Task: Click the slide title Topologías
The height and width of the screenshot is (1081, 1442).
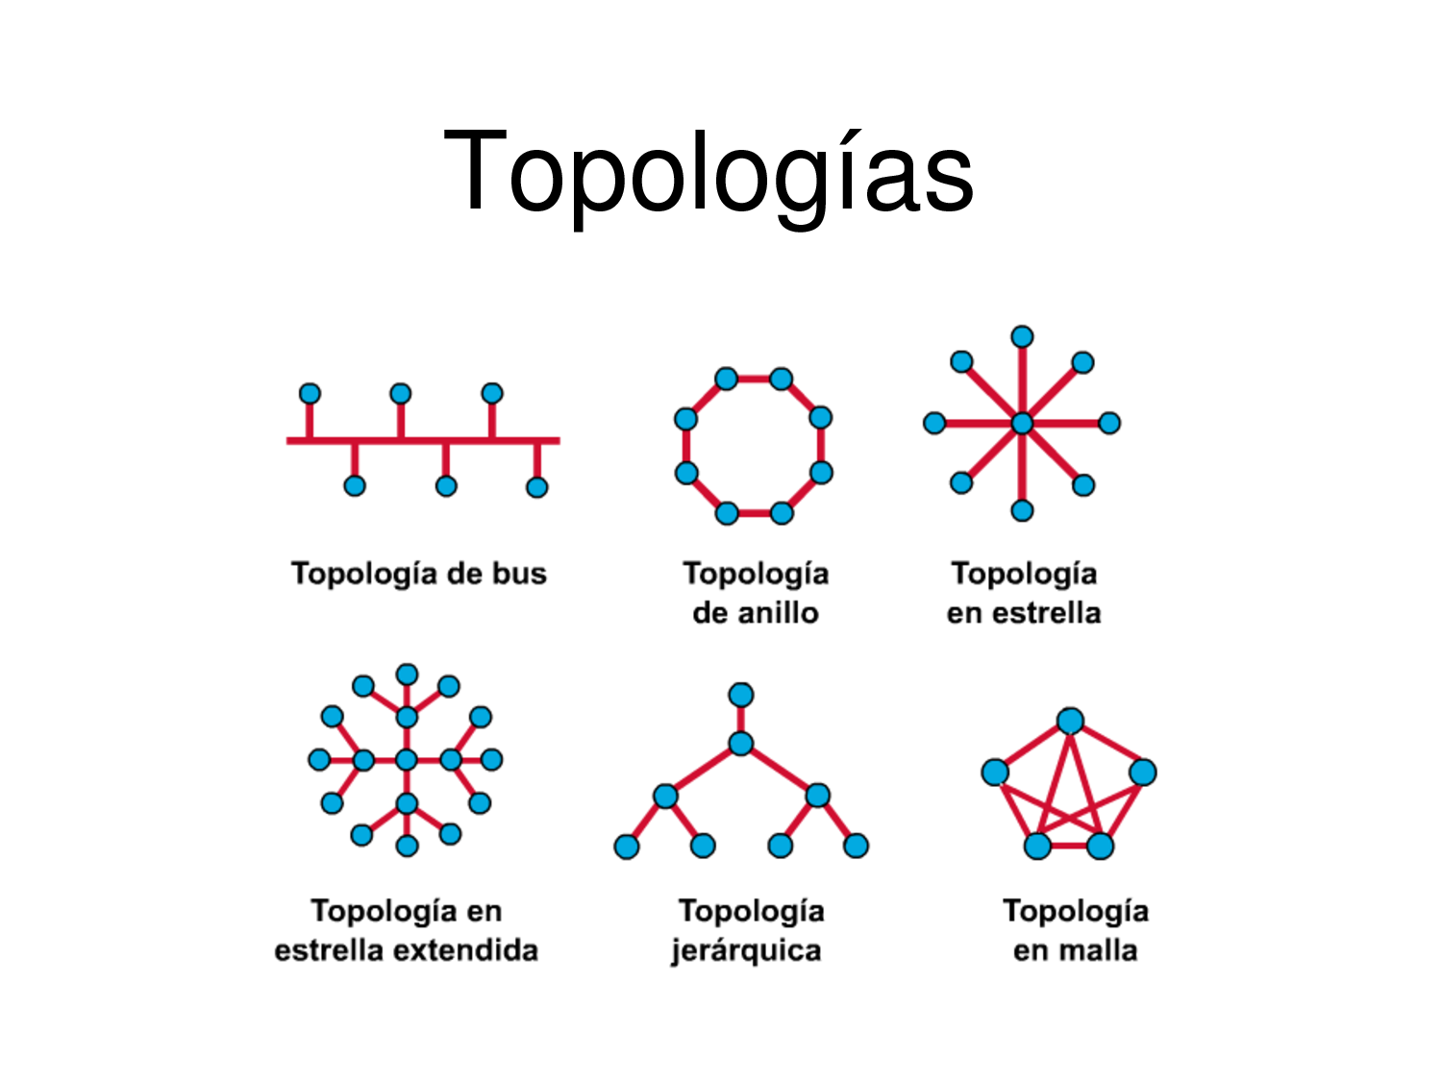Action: (709, 173)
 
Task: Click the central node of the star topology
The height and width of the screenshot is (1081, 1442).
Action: (1022, 423)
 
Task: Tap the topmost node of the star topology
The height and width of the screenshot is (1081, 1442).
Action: (1022, 337)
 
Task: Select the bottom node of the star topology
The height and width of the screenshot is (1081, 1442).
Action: (1022, 509)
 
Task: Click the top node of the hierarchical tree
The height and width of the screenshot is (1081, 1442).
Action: (740, 695)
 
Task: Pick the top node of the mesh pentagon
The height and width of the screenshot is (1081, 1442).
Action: (1070, 721)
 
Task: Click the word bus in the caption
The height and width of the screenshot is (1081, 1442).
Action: (519, 574)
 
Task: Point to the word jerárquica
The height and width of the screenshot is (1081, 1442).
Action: (746, 950)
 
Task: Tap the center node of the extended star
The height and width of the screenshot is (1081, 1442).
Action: (407, 760)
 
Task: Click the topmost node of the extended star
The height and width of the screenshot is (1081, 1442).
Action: (407, 675)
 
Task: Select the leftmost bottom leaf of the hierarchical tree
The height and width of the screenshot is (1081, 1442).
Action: (627, 846)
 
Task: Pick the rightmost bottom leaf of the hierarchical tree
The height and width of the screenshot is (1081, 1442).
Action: (856, 846)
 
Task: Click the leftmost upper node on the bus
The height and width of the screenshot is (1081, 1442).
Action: (310, 394)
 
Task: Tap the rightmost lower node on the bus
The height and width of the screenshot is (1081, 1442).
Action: (536, 486)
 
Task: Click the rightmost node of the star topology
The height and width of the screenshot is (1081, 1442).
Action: (1108, 423)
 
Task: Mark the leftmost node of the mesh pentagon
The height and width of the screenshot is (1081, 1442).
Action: (995, 772)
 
